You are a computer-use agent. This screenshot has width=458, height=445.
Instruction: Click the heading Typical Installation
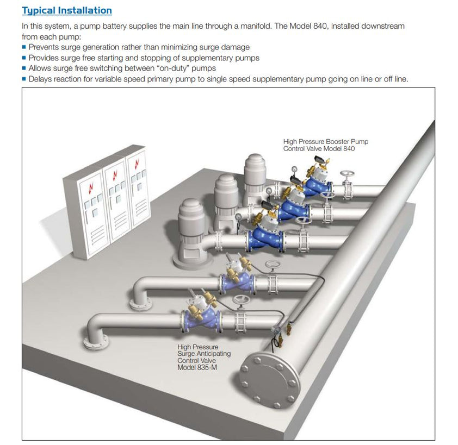66,10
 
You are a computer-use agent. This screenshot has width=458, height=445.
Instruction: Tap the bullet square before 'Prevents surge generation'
24,47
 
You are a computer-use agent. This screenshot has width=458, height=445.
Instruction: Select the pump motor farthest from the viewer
254,174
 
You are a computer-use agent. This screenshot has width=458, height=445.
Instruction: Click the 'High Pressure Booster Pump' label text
325,142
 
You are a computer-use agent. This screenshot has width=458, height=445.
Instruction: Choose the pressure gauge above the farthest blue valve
294,168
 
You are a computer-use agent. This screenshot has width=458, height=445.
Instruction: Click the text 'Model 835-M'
196,368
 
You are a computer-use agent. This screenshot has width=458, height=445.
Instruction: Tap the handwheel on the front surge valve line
238,300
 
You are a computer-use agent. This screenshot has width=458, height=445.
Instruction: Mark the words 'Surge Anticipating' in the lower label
204,354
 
